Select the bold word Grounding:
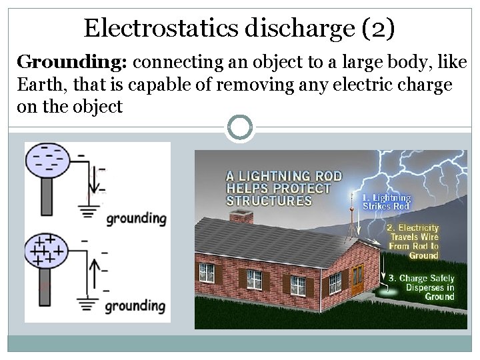[x=72, y=63]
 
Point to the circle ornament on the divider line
[x=241, y=127]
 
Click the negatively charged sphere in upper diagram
[x=47, y=161]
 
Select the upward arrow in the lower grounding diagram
[x=95, y=272]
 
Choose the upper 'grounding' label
[x=136, y=217]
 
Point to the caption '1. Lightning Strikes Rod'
[x=386, y=202]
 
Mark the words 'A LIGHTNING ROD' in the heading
[x=284, y=176]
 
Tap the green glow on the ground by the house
[x=386, y=291]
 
